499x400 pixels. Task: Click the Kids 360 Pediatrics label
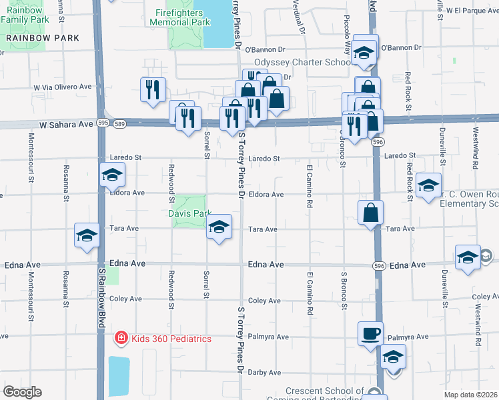click(171, 339)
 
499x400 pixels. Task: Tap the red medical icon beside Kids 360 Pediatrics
click(121, 339)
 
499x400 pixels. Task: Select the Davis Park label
click(189, 214)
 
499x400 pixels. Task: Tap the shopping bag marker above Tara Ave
click(370, 213)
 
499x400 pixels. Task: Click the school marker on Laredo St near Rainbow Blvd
click(112, 175)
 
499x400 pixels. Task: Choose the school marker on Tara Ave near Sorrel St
click(219, 227)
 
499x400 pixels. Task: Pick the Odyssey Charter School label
click(302, 63)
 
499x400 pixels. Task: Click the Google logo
click(22, 392)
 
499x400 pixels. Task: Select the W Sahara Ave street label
click(65, 124)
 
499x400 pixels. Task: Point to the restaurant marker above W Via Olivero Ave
click(153, 89)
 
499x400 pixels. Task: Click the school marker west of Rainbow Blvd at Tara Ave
click(87, 236)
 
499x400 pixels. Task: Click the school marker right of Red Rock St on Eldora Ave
click(428, 185)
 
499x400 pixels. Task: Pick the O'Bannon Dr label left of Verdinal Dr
click(265, 49)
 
